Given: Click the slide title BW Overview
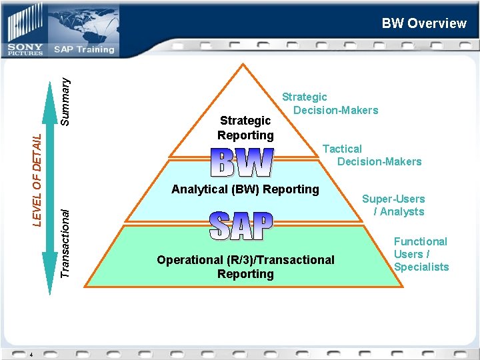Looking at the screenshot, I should coord(424,23).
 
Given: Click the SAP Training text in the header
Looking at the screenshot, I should coord(84,49).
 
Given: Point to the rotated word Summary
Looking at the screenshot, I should coord(65,101).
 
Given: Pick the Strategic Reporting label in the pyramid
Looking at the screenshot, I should coord(245,128).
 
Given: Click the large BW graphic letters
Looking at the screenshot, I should coord(242,163).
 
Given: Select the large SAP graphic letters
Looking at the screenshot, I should coord(241,227).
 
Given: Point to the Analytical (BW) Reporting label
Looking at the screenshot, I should coord(245,189).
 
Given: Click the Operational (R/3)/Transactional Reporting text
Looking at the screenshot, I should coord(245,267).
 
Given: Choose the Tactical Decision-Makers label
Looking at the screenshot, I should coord(371,155).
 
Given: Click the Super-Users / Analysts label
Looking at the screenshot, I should coord(393,205).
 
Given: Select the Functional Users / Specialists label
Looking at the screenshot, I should coord(421,254).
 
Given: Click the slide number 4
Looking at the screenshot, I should coord(31,354).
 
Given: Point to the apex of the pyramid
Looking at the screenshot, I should coord(245,64).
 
